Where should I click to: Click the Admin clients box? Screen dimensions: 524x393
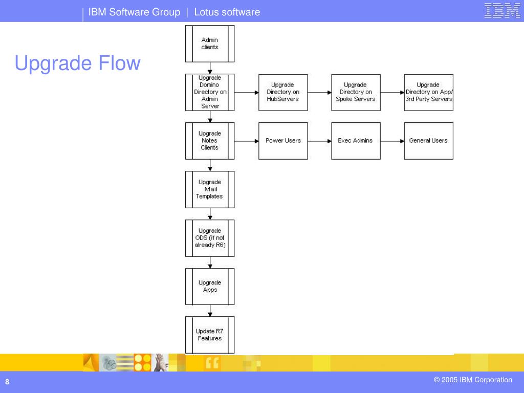click(x=210, y=44)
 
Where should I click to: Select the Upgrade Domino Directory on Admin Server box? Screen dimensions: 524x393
click(x=210, y=92)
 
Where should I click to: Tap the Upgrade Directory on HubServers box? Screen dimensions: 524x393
click(x=283, y=93)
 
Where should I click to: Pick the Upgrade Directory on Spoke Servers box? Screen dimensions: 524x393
click(x=356, y=93)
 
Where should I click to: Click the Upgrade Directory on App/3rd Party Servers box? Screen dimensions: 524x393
click(x=429, y=93)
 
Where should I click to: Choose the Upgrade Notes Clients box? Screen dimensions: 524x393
click(x=210, y=141)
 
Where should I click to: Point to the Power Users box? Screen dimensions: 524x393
click(x=283, y=141)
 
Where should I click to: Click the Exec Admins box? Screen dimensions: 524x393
click(x=356, y=141)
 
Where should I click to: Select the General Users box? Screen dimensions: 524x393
click(x=429, y=141)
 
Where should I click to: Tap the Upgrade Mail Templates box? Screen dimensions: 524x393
click(x=210, y=189)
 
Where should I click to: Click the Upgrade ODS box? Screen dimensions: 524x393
click(x=210, y=238)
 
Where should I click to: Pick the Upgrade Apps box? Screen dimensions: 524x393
click(x=210, y=287)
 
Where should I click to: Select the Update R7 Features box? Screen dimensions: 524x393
click(x=210, y=335)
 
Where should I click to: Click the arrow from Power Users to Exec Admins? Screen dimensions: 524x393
click(x=319, y=141)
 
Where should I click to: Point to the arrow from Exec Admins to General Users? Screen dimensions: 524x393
click(x=392, y=141)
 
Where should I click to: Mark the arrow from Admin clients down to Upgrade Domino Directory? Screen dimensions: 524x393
click(x=210, y=68)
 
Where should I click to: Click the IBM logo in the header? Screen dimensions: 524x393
click(x=503, y=10)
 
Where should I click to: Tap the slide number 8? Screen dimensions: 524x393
click(x=7, y=382)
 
